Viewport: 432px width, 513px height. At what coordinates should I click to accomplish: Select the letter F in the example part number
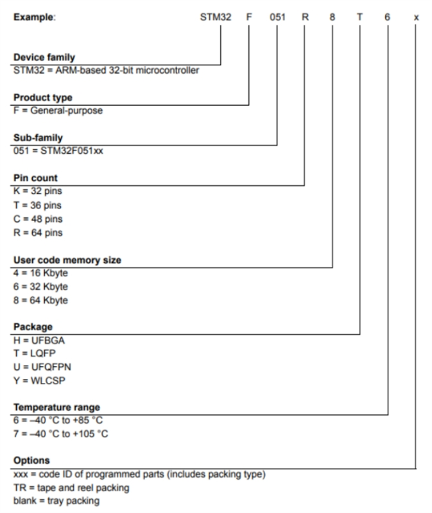(x=249, y=17)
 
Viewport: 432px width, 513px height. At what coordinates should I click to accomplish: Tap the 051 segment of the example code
(x=277, y=17)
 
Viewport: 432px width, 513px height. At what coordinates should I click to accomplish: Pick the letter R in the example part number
(x=306, y=17)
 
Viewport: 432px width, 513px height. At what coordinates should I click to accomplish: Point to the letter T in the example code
(x=359, y=17)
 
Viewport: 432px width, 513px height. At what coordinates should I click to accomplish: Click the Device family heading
(x=44, y=58)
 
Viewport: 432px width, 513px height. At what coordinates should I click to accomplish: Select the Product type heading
(x=42, y=97)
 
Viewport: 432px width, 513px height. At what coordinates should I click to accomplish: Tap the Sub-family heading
(x=38, y=137)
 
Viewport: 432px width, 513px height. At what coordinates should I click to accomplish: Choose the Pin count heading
(x=35, y=178)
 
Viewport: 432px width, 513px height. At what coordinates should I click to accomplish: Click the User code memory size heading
(x=67, y=260)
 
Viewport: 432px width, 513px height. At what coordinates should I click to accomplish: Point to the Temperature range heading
(x=56, y=407)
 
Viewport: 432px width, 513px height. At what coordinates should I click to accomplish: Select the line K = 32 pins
(x=38, y=191)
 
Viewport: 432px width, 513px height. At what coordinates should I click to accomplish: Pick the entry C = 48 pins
(x=38, y=219)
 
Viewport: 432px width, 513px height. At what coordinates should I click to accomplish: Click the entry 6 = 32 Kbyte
(x=40, y=287)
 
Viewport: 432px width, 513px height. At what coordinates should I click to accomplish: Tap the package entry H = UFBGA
(x=39, y=340)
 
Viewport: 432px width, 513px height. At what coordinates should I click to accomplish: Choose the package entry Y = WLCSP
(x=39, y=381)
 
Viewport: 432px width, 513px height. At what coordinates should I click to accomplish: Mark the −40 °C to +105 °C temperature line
(x=61, y=434)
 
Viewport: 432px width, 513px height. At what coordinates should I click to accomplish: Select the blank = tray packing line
(x=56, y=500)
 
